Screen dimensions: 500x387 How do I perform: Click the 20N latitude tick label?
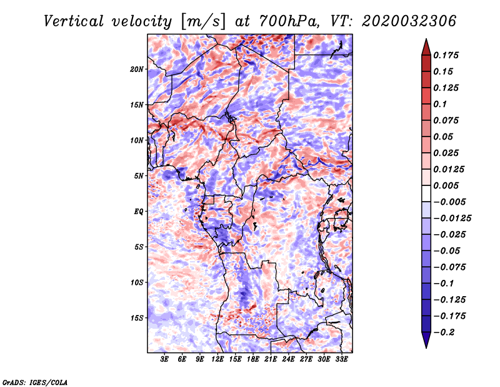(137, 70)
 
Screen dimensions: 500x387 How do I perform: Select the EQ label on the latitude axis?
(139, 212)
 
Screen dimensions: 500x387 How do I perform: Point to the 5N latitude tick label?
(139, 176)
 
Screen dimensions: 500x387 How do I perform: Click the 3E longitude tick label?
(164, 359)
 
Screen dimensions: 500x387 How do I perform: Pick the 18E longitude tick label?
(253, 359)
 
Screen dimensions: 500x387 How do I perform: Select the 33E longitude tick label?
(341, 359)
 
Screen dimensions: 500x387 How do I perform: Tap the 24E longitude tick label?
(288, 359)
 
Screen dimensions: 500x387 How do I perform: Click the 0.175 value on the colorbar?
(446, 55)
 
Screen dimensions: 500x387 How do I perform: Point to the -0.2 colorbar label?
(444, 333)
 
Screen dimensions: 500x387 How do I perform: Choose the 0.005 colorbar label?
(446, 185)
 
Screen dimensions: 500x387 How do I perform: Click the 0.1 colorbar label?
(440, 104)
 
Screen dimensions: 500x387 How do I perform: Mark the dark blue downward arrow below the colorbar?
(426, 340)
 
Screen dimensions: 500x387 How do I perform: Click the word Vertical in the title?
(74, 21)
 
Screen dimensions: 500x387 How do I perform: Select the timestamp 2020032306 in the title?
(409, 21)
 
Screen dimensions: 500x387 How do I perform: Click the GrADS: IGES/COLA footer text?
(35, 383)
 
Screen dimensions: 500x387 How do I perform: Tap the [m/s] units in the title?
(203, 22)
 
